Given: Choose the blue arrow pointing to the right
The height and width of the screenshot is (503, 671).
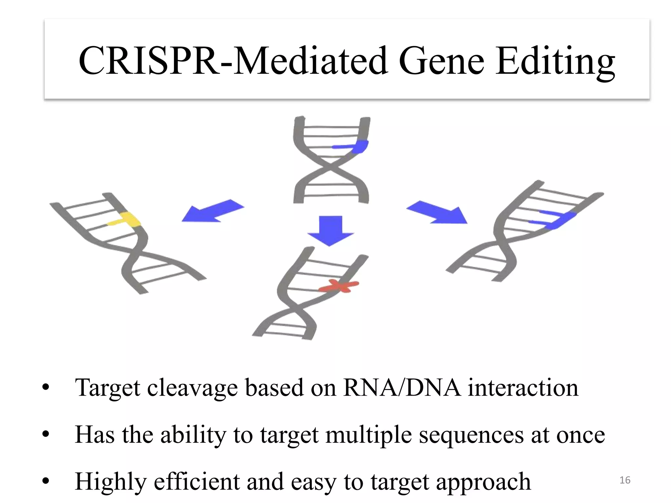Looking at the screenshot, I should (438, 212).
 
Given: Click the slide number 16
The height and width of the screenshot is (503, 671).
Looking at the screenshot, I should (625, 480).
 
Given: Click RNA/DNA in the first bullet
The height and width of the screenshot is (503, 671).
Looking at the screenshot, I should (402, 388).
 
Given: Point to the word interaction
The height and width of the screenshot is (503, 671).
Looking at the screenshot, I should (523, 388).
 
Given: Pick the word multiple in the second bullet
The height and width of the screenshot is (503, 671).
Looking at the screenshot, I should (369, 436).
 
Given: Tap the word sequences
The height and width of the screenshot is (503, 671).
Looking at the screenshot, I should (471, 436).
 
